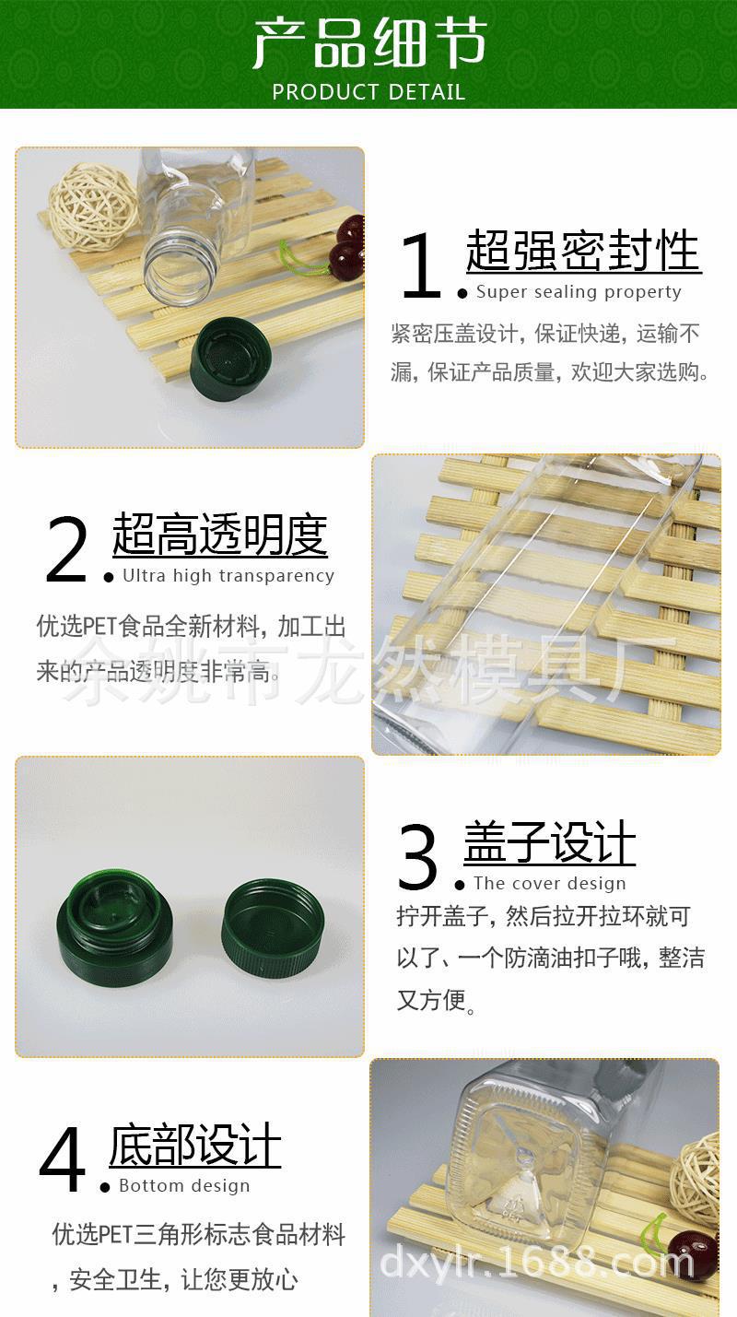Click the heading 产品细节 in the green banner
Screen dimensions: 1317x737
[x=368, y=43]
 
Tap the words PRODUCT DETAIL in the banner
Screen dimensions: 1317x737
[x=368, y=92]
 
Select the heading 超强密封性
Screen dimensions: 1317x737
[x=583, y=251]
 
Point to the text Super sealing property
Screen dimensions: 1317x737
[x=579, y=292]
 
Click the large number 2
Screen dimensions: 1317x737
[x=66, y=551]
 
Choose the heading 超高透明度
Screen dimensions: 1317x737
[x=220, y=535]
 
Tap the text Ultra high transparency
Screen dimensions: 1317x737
[x=228, y=576]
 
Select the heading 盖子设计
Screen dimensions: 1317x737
[x=550, y=842]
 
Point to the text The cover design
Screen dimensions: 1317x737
[x=549, y=884]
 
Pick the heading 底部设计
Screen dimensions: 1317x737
[x=195, y=1146]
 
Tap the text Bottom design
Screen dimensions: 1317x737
[x=184, y=1186]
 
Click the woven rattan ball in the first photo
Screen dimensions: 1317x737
[x=92, y=206]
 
